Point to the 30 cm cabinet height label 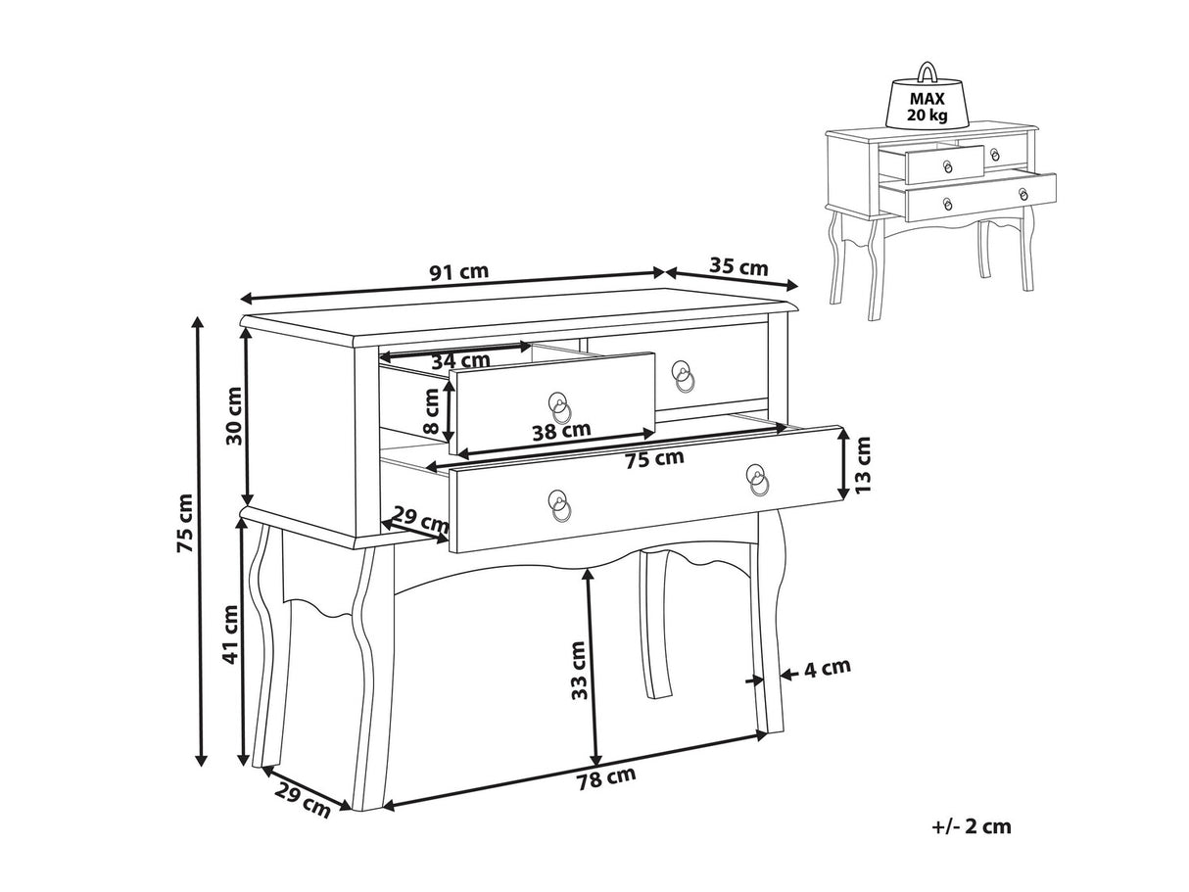coord(234,416)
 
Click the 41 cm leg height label coord(231,634)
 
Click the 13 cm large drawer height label coord(863,464)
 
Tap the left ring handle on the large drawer coord(559,505)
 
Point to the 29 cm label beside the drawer coord(419,520)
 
